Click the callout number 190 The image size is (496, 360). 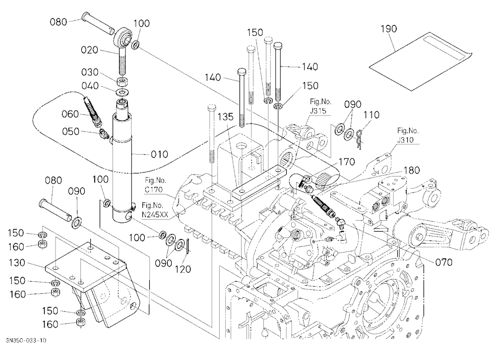(x=388, y=29)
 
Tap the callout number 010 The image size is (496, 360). (x=159, y=154)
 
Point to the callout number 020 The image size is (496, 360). (x=89, y=50)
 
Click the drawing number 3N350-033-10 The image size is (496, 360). (x=26, y=340)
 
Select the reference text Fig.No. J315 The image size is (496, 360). (x=320, y=106)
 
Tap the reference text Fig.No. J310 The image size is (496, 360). (x=408, y=135)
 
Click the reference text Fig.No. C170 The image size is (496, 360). (x=154, y=185)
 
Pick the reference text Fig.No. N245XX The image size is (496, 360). (x=155, y=210)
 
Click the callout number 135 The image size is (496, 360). (x=226, y=117)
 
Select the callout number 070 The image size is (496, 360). (x=443, y=262)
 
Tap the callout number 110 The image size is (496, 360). (x=372, y=115)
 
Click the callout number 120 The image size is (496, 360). (x=183, y=269)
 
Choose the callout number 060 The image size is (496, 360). (x=70, y=114)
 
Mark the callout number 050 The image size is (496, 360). (x=70, y=131)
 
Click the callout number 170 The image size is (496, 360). (x=347, y=162)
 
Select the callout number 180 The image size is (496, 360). (x=412, y=171)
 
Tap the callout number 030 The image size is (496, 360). (x=90, y=72)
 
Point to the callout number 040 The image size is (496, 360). (x=90, y=86)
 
